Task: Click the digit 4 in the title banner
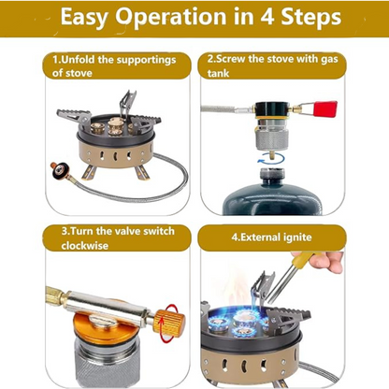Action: [x=267, y=17]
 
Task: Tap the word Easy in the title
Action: [x=83, y=18]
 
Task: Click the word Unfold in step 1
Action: [x=78, y=59]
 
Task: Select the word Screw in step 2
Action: [x=230, y=59]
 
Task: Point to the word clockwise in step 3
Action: [x=85, y=246]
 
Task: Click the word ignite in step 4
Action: [x=297, y=238]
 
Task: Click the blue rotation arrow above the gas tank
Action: [x=271, y=158]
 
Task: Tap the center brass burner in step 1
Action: [x=115, y=125]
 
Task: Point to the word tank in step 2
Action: [x=218, y=74]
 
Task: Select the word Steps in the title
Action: [x=311, y=18]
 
